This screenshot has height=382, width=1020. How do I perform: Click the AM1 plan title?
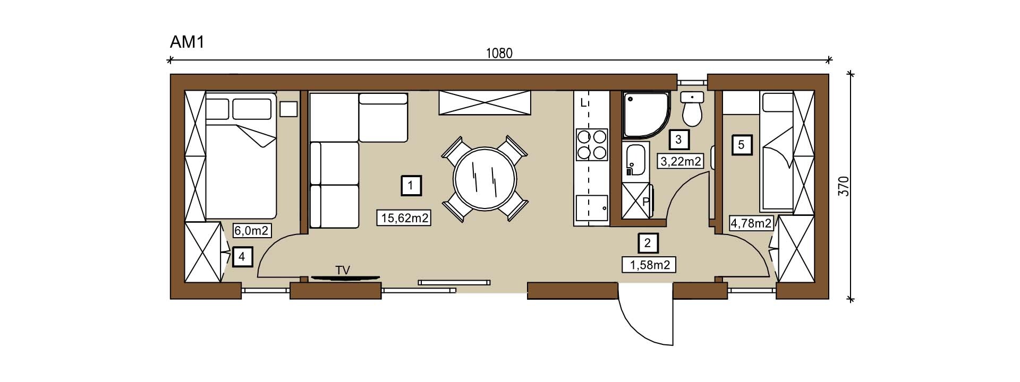coord(187,42)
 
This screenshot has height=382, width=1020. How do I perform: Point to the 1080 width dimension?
coord(499,53)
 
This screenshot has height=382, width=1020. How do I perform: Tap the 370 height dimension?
coord(844,186)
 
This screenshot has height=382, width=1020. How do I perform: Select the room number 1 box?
coord(411,186)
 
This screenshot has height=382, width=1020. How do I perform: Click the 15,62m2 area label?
coord(404,217)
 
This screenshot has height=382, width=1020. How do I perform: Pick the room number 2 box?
coord(648,243)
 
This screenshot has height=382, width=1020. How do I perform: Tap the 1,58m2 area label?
coord(649,264)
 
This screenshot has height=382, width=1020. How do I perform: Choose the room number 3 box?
coord(678,140)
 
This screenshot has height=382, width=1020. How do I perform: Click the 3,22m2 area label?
coord(681,161)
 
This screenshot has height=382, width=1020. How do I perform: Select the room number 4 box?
coord(242,257)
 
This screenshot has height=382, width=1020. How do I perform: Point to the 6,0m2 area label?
coord(253,230)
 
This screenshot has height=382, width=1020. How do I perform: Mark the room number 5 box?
coord(742,144)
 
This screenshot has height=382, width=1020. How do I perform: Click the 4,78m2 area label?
coord(751,223)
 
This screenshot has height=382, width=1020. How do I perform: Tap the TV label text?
coord(343,271)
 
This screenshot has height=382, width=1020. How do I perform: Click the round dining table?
coord(484,179)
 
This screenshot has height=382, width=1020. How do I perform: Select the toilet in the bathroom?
coord(692,108)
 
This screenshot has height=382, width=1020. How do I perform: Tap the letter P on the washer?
coord(646,202)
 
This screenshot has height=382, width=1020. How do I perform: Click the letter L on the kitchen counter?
coord(583,103)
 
